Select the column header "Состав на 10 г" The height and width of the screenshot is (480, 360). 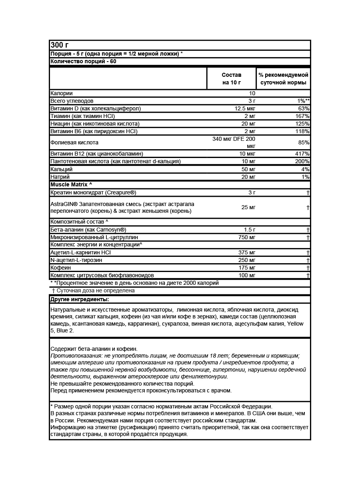232,79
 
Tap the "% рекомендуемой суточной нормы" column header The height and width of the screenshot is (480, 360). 283,79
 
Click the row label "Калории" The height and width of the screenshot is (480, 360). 62,93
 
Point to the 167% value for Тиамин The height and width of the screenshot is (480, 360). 302,116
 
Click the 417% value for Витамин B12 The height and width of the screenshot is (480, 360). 302,154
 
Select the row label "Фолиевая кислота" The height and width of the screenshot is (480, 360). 74,142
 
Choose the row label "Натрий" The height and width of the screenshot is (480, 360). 60,177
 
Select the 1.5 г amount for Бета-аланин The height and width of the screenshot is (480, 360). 250,230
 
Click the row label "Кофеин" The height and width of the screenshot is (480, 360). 61,268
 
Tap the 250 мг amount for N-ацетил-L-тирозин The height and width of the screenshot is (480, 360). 246,260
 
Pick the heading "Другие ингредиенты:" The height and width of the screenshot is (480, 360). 80,299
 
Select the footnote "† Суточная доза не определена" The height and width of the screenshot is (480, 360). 93,291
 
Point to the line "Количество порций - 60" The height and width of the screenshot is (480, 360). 83,62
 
